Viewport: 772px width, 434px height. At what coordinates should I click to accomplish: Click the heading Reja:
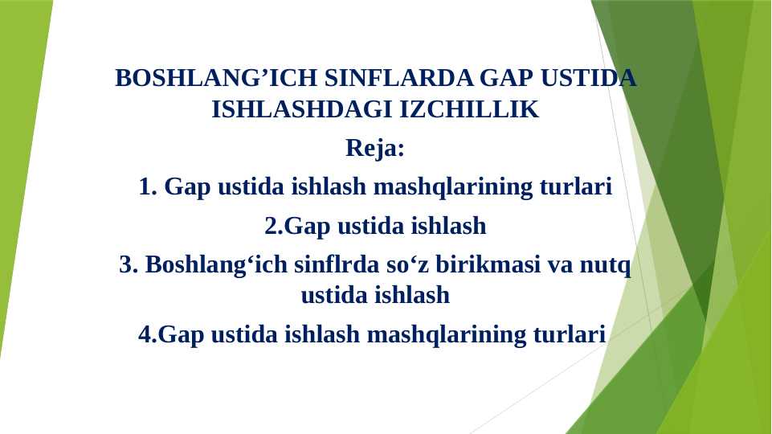coord(375,149)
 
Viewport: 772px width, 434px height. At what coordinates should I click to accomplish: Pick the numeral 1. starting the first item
coord(147,187)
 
